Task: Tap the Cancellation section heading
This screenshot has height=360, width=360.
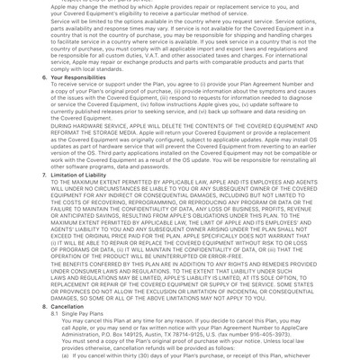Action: pos(67,307)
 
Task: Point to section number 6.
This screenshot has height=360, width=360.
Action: pos(45,77)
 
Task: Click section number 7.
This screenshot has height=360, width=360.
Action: pos(45,175)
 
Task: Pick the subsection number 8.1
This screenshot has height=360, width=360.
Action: pos(55,314)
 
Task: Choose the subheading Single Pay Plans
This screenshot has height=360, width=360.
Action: pos(83,314)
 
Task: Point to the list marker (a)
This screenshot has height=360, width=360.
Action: pos(66,355)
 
